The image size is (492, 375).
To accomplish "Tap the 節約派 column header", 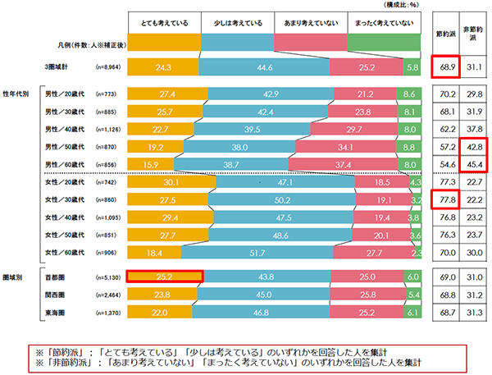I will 445,34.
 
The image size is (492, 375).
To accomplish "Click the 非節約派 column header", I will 471,34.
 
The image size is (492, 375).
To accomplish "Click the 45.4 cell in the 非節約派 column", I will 471,164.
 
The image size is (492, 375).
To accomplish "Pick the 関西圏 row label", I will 57,295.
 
